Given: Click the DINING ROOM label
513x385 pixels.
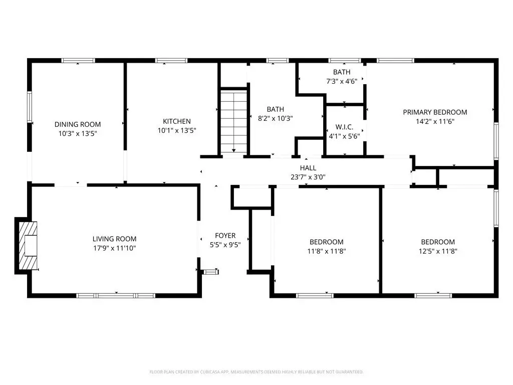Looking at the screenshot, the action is tap(78, 124).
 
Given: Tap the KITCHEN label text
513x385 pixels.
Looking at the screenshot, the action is tap(177, 121).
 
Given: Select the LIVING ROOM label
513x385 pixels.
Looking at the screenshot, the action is tap(115, 239).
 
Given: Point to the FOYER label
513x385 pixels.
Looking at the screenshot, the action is tap(225, 236).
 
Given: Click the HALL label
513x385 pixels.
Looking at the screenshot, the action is tap(308, 168).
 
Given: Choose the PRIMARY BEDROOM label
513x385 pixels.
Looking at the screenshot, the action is tap(435, 112).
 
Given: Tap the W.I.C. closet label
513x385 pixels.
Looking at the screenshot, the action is tap(344, 127).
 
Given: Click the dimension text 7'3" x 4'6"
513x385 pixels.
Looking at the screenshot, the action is tap(342, 81).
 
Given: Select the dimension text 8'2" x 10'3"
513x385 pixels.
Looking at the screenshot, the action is tap(275, 118).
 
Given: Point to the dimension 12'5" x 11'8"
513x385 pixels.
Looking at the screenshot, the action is tap(438, 251).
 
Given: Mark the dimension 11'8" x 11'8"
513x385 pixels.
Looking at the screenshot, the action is tap(327, 251).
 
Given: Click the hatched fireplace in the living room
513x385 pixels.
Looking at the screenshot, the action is tap(28, 246).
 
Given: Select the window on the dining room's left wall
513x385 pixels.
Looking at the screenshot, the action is tap(30, 107).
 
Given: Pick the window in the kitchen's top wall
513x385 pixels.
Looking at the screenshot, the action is tap(171, 61).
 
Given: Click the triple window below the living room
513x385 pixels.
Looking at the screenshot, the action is tap(116, 296).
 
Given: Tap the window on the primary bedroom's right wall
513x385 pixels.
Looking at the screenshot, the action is tap(496, 141).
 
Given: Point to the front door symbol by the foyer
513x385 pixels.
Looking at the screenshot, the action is tap(211, 272).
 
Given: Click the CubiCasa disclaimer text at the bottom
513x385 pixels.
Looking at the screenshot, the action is tap(256, 372).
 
